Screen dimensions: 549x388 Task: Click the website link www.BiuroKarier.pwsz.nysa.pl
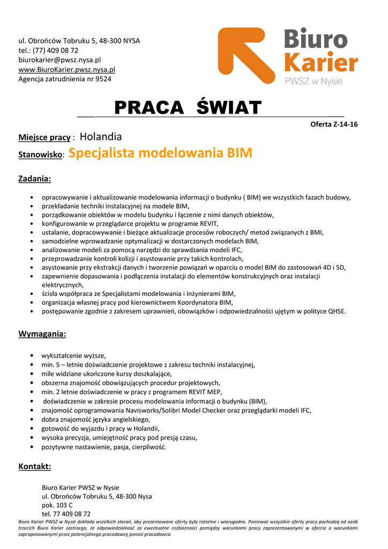[x=66, y=70]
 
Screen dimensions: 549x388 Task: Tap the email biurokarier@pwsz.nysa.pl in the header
[x=59, y=60]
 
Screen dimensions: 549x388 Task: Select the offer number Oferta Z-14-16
[x=334, y=124]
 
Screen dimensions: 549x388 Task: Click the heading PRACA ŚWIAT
[x=187, y=108]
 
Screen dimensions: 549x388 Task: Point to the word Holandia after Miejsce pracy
[x=101, y=137]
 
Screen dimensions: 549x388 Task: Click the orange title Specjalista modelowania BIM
[x=160, y=153]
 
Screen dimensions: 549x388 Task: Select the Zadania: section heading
[x=35, y=179]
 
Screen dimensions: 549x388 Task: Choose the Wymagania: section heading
[x=42, y=334]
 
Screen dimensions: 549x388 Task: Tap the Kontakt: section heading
[x=35, y=466]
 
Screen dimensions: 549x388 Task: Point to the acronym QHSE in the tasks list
[x=337, y=311]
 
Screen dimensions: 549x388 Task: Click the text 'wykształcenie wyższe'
[x=73, y=355]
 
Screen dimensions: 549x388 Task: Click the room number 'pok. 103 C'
[x=57, y=505]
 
